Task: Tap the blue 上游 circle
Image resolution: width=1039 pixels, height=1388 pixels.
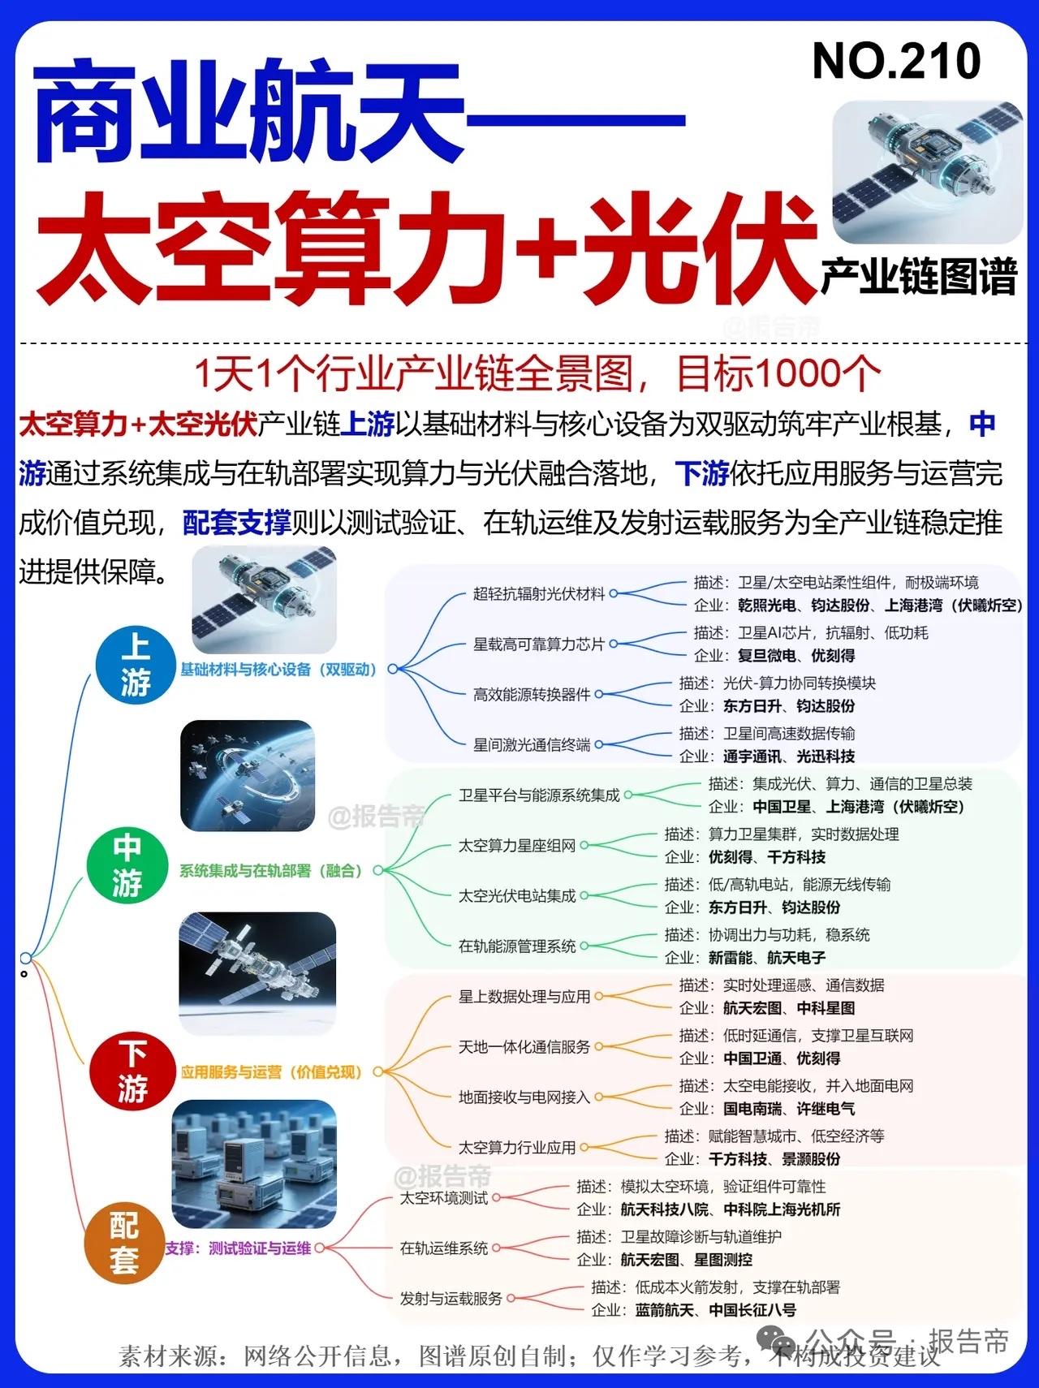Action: pos(136,665)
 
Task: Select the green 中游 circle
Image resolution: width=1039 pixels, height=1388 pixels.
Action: pos(127,865)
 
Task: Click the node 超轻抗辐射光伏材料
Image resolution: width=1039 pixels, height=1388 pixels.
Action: pos(539,593)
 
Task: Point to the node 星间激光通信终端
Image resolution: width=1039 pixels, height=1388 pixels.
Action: pos(532,744)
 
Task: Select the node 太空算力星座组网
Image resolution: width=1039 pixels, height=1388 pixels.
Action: pos(517,846)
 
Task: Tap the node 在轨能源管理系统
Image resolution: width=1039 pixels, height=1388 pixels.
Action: pos(517,946)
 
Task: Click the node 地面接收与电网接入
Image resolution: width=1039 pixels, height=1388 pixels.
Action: pos(524,1097)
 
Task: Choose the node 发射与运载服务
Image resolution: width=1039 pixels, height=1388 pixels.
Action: pos(451,1299)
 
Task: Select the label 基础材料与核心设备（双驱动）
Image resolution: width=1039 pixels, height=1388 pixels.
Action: pos(278,670)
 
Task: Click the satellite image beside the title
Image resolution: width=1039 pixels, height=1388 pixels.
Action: pos(928,172)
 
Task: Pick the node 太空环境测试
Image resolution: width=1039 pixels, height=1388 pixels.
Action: pos(444,1198)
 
